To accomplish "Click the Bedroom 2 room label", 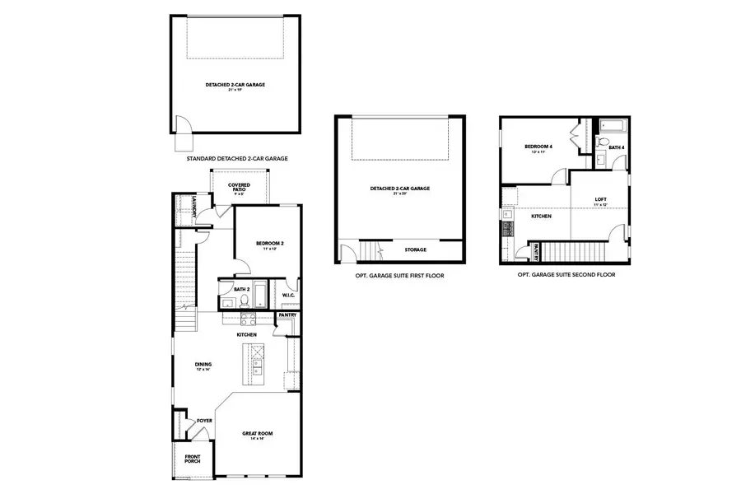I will click(x=269, y=244).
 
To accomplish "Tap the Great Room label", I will click(x=257, y=434).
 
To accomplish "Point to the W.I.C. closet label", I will click(x=288, y=296).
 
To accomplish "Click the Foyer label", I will click(x=204, y=421).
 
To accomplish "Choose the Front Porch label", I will click(x=192, y=459).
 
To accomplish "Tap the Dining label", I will click(x=203, y=365).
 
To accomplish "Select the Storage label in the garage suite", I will click(x=415, y=249).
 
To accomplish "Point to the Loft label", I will click(x=601, y=200).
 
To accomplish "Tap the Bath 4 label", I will click(x=616, y=147).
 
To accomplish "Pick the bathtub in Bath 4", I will click(x=613, y=126).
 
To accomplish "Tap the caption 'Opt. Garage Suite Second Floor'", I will click(x=566, y=275).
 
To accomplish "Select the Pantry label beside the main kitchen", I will click(x=287, y=315).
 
